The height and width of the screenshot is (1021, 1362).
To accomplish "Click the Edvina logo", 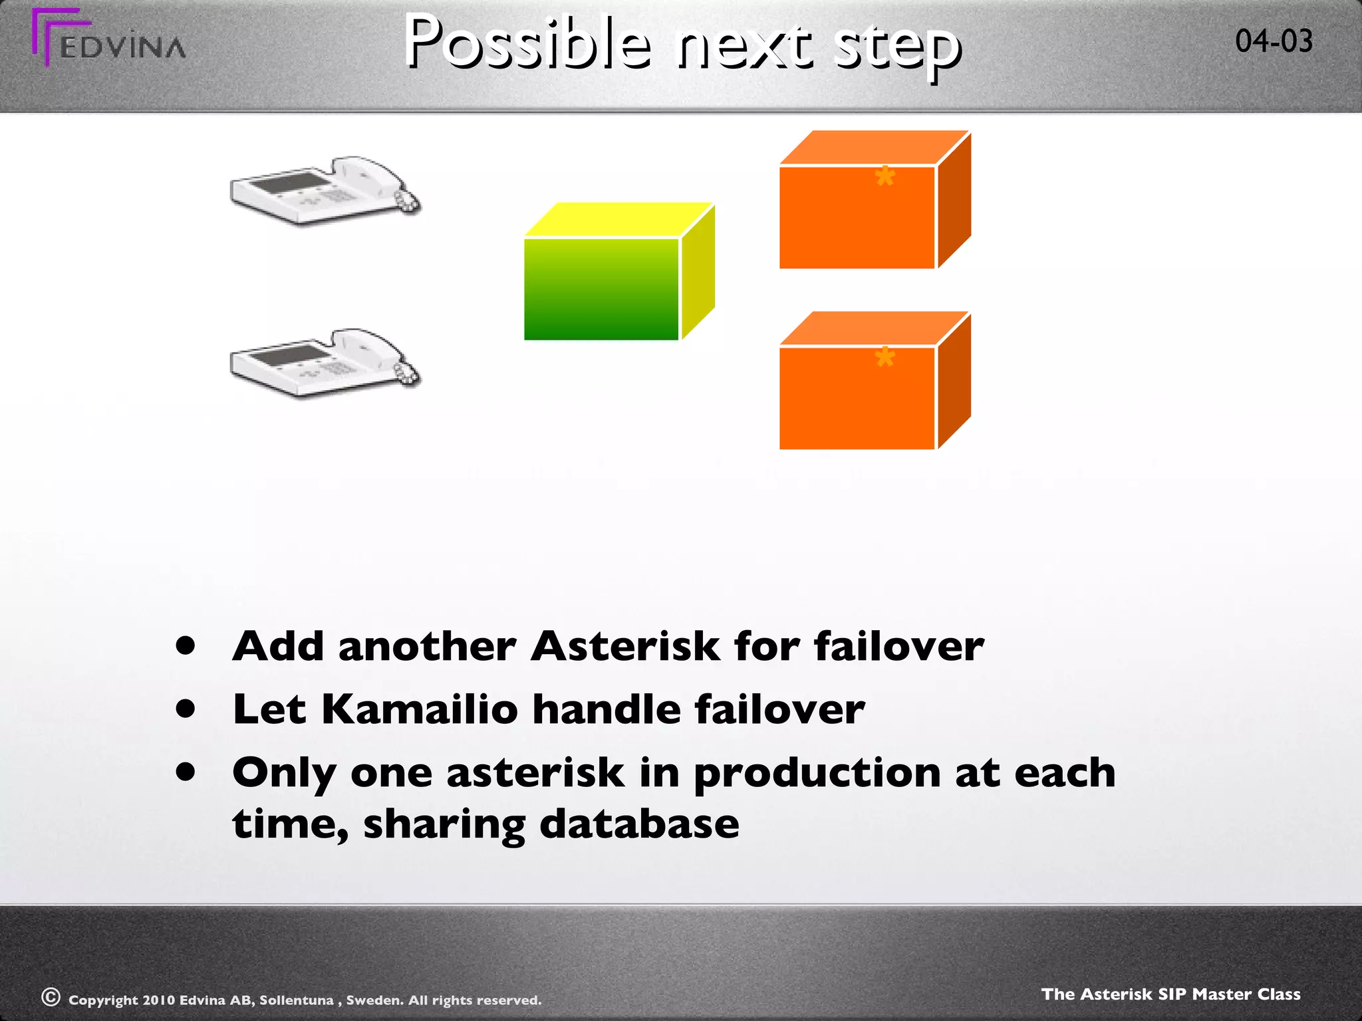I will click(x=108, y=40).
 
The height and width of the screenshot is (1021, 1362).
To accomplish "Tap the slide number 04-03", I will click(x=1274, y=41).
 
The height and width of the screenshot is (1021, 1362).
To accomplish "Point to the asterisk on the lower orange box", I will click(x=885, y=358).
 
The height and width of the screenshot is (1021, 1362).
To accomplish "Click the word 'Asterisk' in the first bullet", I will click(x=624, y=646).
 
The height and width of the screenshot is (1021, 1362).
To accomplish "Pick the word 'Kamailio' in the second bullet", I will click(x=419, y=709).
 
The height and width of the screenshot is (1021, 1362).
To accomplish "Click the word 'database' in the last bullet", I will click(x=638, y=824).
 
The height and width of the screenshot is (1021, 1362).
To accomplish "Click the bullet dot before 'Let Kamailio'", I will click(x=186, y=709).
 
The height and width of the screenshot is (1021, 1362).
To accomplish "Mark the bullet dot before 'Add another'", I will click(x=186, y=645).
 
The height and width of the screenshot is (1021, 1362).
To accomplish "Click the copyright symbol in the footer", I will click(x=51, y=997).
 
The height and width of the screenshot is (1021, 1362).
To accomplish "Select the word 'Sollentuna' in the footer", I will click(x=296, y=1000).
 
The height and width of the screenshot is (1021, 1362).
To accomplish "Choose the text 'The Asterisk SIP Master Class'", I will click(x=1170, y=994).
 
